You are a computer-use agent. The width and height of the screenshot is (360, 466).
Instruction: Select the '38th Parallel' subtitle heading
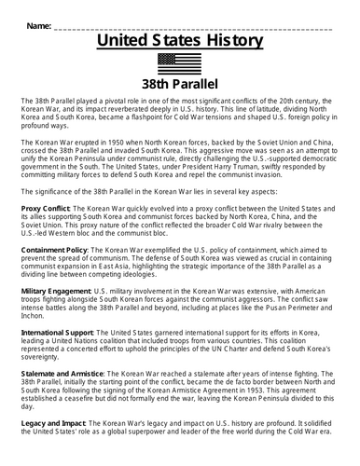(x=179, y=85)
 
